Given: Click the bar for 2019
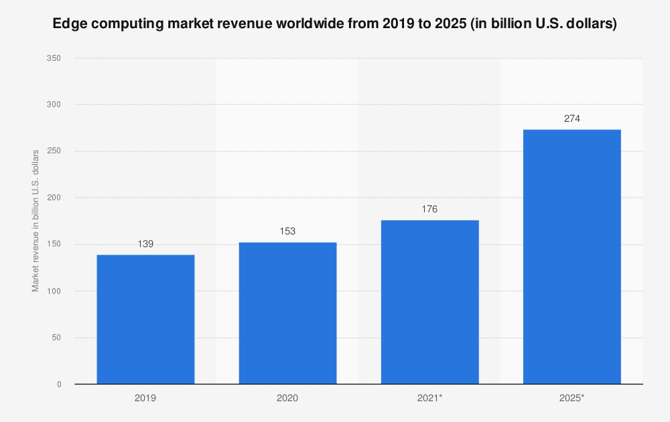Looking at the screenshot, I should coord(145,320).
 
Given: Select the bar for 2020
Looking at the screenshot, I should coord(287,313).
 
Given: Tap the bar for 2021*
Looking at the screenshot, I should coord(429,302).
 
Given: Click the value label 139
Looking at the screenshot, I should coord(145,244).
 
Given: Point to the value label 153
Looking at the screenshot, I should coord(287,231).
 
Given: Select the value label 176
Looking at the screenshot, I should coord(429,209).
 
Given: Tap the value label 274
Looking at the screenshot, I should coord(572,119).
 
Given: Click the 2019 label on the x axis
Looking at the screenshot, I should coord(145,398).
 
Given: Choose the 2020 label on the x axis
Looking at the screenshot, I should coord(287,398).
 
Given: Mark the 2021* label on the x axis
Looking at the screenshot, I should coord(429,398).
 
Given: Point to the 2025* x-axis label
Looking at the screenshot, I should coord(572,398).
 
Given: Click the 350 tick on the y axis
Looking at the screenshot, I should coord(54,58).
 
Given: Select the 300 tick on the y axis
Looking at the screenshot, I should coord(54,104).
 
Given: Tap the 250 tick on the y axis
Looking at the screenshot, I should coord(54,151).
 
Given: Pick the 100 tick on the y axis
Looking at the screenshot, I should coord(54,291).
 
